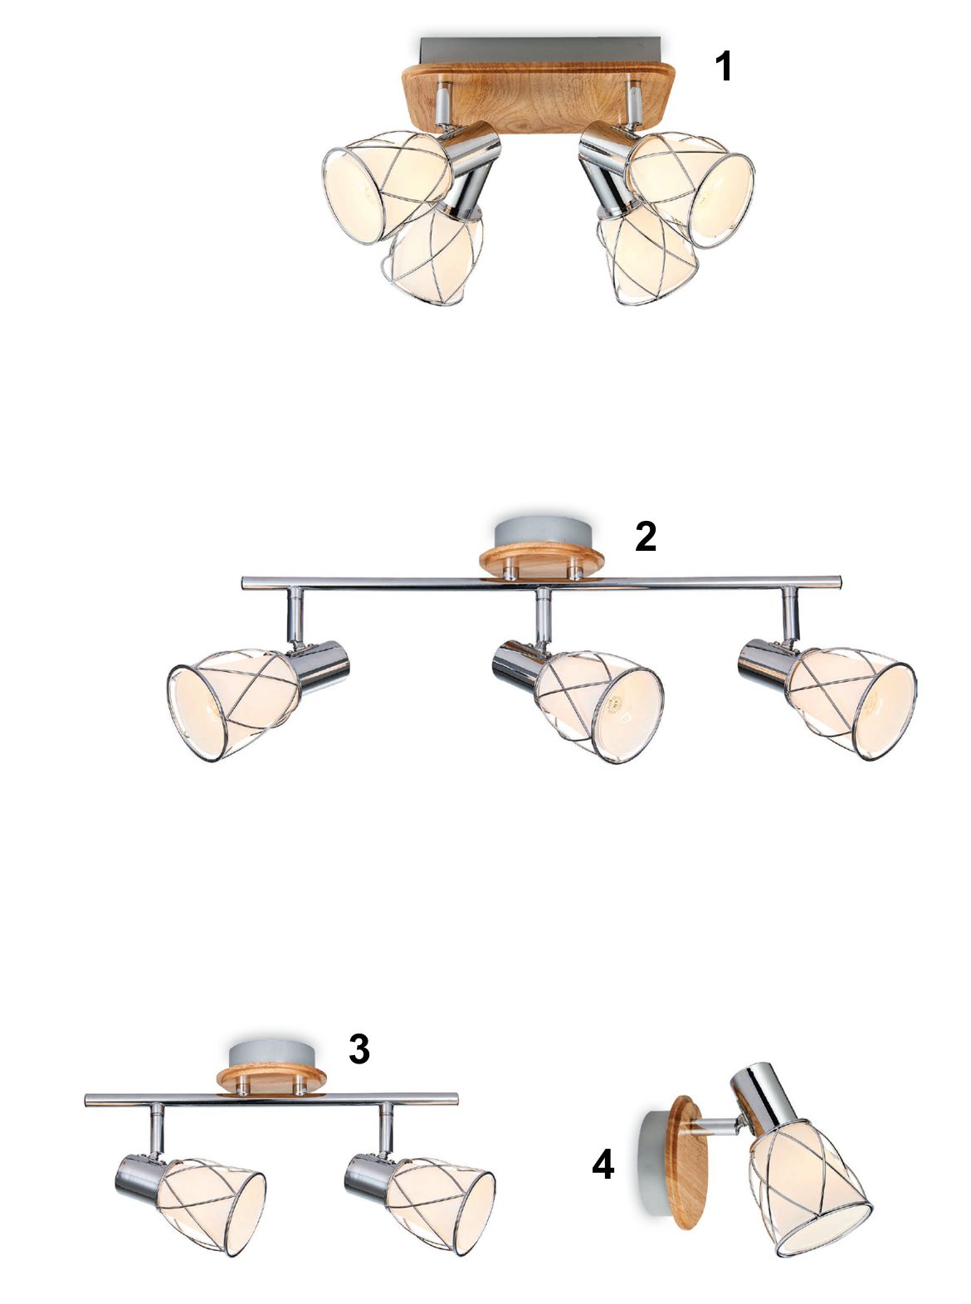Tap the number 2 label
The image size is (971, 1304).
(x=646, y=537)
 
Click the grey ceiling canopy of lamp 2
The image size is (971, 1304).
(x=541, y=533)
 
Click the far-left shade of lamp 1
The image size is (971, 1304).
(x=385, y=185)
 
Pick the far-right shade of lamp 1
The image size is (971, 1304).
(x=693, y=189)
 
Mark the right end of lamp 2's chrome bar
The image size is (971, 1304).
(x=841, y=582)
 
